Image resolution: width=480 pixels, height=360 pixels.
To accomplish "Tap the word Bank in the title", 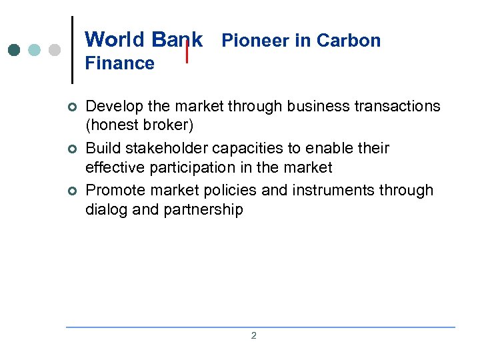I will tap(177, 39).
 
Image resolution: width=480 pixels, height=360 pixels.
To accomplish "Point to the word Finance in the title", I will tap(119, 63).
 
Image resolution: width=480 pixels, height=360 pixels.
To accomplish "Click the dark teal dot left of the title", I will tap(15, 50).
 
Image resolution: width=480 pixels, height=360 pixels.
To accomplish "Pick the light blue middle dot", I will tap(35, 50).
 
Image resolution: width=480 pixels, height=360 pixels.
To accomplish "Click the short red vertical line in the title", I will tap(187, 51).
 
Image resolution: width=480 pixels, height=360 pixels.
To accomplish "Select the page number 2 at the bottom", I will tap(253, 335).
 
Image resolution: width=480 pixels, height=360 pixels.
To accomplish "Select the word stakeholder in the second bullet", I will tap(165, 148).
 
